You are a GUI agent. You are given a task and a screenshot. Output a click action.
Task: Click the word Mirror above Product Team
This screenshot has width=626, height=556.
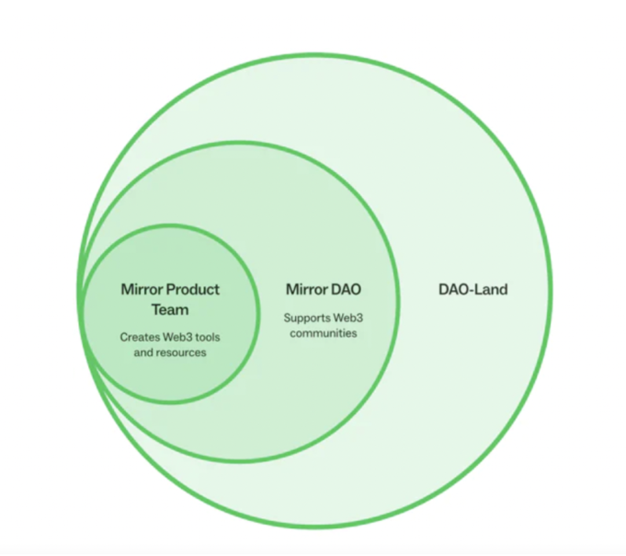142,289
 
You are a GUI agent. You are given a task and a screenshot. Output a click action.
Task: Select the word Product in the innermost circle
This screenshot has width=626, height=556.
193,289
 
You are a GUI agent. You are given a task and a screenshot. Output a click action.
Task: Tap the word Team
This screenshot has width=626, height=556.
170,310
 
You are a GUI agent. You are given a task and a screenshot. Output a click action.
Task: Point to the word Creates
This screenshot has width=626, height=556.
140,337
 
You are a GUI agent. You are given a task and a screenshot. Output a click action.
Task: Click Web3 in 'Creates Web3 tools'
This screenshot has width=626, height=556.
177,337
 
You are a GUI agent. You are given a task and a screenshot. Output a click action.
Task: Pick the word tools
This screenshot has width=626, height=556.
208,337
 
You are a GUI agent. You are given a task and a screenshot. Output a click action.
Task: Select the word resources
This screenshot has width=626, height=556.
181,353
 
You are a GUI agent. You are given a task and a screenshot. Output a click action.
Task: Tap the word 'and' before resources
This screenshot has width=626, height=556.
143,353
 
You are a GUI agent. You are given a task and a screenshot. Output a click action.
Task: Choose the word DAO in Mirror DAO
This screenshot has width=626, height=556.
346,289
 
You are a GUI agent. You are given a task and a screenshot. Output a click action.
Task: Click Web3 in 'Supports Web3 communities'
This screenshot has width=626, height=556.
348,318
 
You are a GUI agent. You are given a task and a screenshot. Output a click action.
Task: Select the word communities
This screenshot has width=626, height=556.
324,333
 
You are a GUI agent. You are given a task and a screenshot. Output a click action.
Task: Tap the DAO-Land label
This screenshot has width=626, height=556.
473,289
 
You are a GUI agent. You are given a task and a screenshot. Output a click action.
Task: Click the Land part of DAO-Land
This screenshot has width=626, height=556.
491,289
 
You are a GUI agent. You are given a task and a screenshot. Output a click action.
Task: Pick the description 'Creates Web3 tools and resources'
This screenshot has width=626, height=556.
170,345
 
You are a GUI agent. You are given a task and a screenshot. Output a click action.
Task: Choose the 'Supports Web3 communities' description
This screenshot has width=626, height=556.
324,326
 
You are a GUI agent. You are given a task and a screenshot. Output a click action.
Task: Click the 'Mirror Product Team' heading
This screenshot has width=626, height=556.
170,299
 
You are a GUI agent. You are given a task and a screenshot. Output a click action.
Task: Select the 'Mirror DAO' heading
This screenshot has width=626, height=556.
324,289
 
